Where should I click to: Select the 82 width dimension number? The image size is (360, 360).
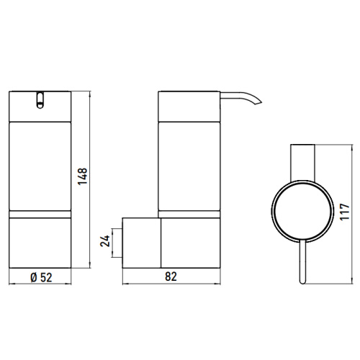point(171,276)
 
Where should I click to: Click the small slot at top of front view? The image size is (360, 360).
point(40,99)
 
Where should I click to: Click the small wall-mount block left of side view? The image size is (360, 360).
point(140,241)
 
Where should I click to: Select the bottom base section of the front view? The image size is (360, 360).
point(40,241)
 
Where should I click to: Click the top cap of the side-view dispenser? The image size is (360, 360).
point(187,105)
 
